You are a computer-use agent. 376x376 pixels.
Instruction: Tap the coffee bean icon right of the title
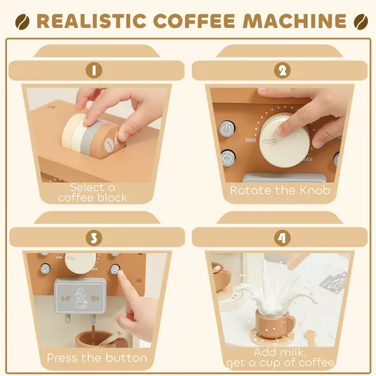pos(359,21)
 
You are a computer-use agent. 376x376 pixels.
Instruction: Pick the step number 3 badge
pos(94,238)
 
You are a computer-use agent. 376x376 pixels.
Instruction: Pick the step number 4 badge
pos(282,238)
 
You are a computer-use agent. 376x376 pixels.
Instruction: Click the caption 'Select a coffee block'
pos(93,192)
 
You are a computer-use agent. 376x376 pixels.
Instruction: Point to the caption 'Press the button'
pos(97,358)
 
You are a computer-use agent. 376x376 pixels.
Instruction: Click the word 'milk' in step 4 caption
pos(293,352)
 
